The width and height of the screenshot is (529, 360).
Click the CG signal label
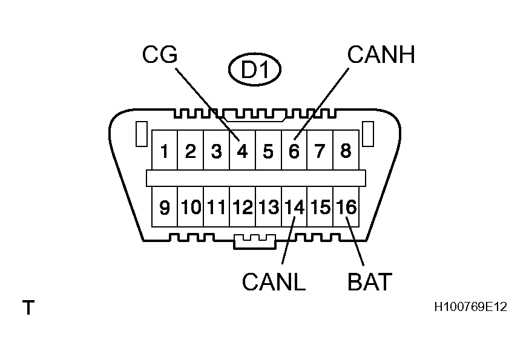pyautogui.click(x=160, y=54)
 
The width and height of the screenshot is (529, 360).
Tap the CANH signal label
pyautogui.click(x=381, y=54)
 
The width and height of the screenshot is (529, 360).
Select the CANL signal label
pyautogui.click(x=274, y=281)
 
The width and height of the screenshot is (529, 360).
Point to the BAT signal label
pyautogui.click(x=370, y=281)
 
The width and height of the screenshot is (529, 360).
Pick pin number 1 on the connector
pyautogui.click(x=164, y=151)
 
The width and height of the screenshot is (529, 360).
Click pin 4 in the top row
pyautogui.click(x=242, y=151)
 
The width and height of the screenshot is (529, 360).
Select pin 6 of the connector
pyautogui.click(x=294, y=151)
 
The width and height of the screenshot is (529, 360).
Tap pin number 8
pyautogui.click(x=346, y=151)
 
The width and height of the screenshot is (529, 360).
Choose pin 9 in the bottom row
pyautogui.click(x=164, y=207)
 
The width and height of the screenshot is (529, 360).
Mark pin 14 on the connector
pyautogui.click(x=294, y=207)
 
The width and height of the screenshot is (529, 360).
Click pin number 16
pyautogui.click(x=346, y=207)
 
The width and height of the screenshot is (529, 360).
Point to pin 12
pyautogui.click(x=243, y=207)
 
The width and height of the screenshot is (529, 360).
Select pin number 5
pyautogui.click(x=268, y=151)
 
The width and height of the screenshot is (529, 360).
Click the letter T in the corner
pyautogui.click(x=28, y=307)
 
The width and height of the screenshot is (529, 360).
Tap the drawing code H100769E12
pyautogui.click(x=471, y=307)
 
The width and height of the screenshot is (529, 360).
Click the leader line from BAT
pyautogui.click(x=355, y=241)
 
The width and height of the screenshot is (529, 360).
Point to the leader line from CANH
pyautogui.click(x=321, y=104)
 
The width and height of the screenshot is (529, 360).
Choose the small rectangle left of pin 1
pyautogui.click(x=142, y=134)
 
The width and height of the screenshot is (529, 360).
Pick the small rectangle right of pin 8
pyautogui.click(x=368, y=134)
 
